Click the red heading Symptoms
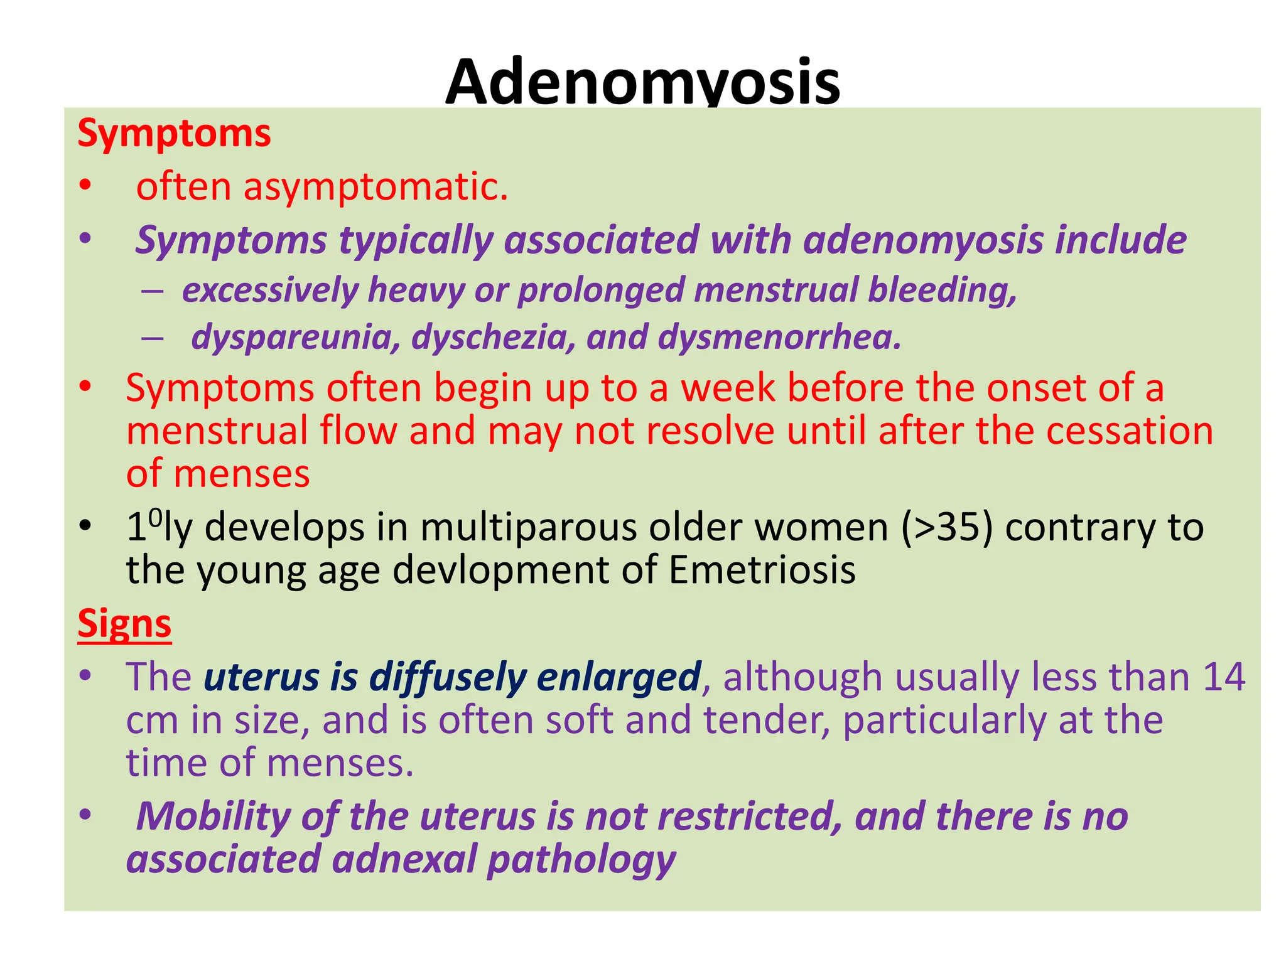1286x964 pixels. tap(174, 134)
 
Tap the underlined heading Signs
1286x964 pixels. tap(124, 623)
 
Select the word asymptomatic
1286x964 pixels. tap(376, 188)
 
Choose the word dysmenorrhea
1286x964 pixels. tap(779, 337)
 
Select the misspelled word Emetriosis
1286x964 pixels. tap(762, 570)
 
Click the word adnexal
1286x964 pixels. tap(404, 859)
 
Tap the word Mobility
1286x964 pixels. tap(213, 817)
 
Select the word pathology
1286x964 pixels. tap(581, 859)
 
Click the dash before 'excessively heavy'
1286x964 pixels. tap(153, 291)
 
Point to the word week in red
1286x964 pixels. tap(728, 388)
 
